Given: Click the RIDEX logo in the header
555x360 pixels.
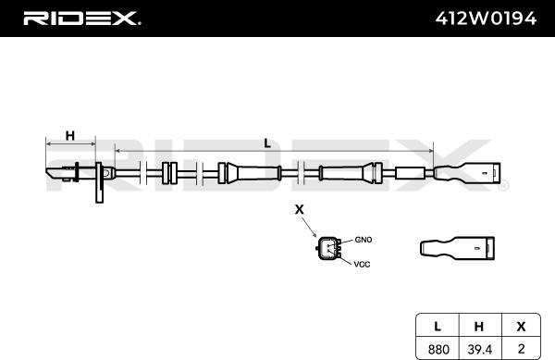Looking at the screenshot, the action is coord(81,19).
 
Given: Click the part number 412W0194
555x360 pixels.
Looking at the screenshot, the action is coord(486,19).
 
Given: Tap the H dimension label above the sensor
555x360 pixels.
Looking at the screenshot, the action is coord(70,135).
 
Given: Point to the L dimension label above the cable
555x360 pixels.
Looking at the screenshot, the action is coord(267,143).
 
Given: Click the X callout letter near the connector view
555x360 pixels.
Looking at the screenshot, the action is coord(300,209).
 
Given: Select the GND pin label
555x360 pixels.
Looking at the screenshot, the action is coord(364,240).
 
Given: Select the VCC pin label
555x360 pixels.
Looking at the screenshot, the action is coord(362,264).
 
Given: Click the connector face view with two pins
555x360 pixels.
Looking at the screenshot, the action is coord(328,248).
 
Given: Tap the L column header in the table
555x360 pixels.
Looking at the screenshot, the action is coord(438,326).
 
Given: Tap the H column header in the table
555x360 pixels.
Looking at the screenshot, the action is coord(479,327).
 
